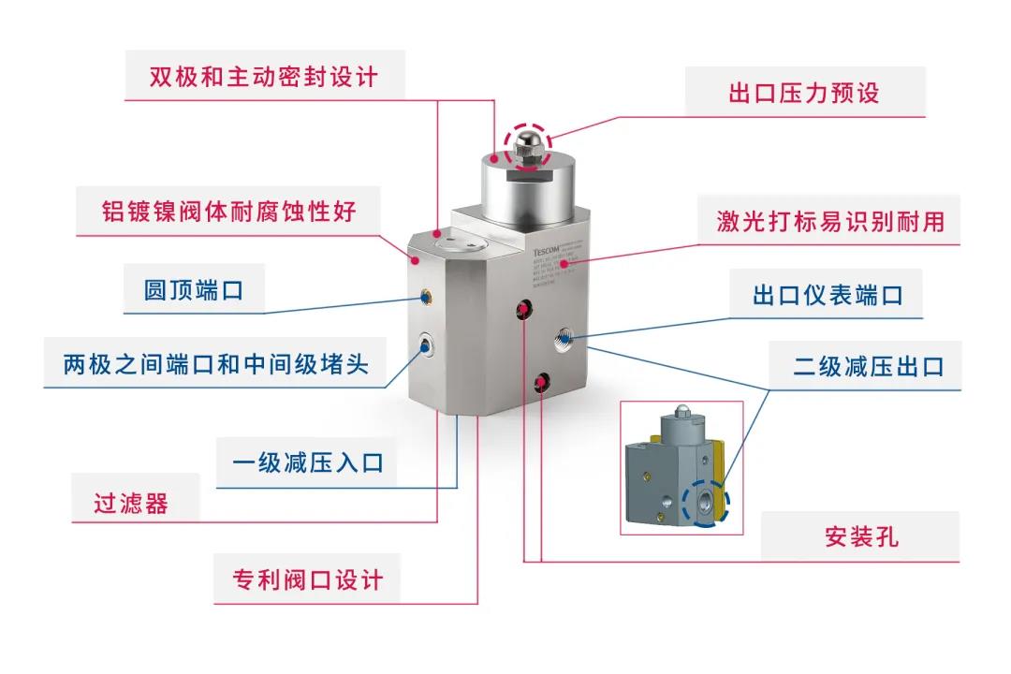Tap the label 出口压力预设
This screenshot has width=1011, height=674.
(x=803, y=93)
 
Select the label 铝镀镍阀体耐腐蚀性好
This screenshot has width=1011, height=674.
(x=228, y=210)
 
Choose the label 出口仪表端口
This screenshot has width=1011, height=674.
(x=828, y=295)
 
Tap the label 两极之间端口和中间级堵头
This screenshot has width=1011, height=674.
(x=215, y=363)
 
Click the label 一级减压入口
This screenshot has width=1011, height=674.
(x=307, y=462)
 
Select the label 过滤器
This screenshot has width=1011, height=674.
(x=131, y=503)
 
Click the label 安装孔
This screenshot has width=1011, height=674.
(x=861, y=537)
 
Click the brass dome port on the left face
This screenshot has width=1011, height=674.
(x=426, y=299)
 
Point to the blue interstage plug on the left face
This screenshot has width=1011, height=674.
(x=426, y=346)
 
